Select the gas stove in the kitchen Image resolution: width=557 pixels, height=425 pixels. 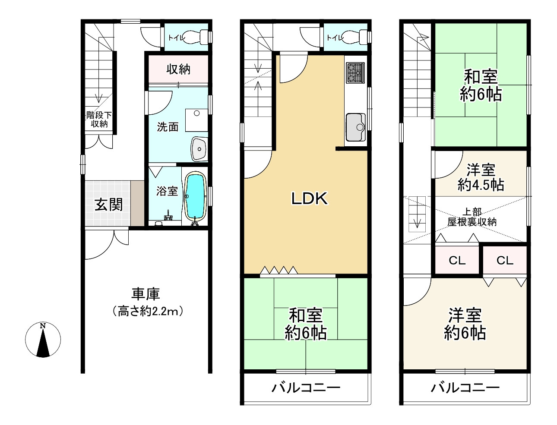(355, 73)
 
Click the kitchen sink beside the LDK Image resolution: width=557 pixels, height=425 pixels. (355, 127)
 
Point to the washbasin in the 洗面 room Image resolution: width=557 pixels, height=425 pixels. (199, 149)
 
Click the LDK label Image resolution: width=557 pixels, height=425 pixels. (310, 198)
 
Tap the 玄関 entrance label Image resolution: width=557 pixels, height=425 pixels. (108, 205)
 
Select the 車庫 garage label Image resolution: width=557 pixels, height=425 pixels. (146, 294)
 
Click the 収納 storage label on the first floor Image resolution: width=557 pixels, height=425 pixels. (178, 69)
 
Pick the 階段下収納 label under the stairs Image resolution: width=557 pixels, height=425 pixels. (99, 120)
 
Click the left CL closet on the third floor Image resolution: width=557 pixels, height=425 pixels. (457, 261)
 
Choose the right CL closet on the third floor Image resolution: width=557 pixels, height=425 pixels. (505, 261)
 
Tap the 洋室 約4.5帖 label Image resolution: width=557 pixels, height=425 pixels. (481, 177)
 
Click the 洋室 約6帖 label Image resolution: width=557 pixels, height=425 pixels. (465, 324)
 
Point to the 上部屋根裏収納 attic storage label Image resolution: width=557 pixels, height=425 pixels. (472, 217)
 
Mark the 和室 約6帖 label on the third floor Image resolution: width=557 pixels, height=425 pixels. (481, 85)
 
